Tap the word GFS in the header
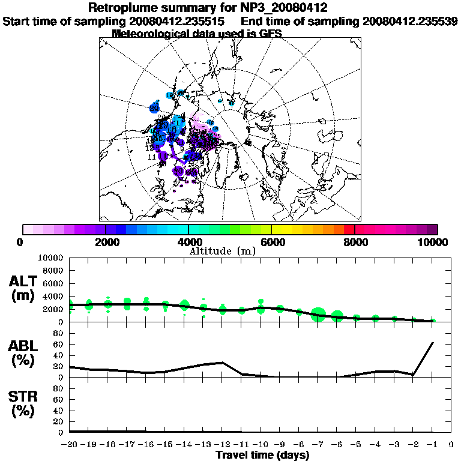pos(270,34)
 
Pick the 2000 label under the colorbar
pos(106,242)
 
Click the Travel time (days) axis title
pos(262,456)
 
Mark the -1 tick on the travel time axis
pos(432,445)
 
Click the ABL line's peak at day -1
pos(433,343)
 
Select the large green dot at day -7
pos(318,315)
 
